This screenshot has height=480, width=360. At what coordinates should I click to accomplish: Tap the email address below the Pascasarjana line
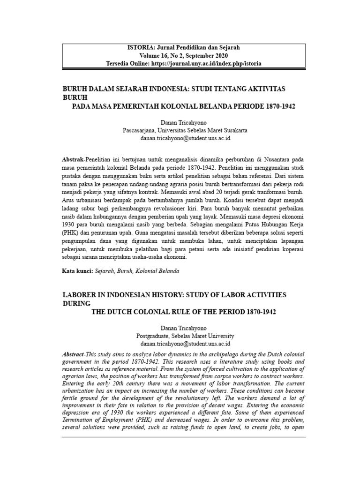(185, 138)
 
